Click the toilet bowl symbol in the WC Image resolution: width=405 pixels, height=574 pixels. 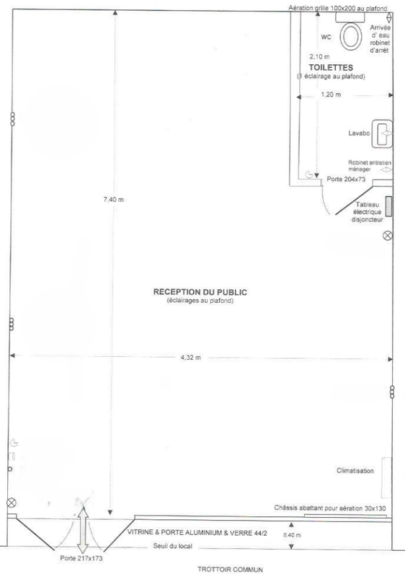351,36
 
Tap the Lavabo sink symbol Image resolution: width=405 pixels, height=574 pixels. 382,134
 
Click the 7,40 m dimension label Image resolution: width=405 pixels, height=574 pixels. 114,200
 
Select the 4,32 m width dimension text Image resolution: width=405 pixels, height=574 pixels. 191,358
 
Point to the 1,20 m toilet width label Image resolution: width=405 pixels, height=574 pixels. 331,94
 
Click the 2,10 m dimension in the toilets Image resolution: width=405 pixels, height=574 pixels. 319,57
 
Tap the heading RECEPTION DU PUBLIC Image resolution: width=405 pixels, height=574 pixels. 200,292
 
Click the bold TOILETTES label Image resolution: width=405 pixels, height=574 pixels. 331,68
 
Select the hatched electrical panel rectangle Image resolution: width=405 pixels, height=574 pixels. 388,206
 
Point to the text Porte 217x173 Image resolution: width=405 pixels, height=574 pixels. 81,558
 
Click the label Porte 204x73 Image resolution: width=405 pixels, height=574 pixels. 346,179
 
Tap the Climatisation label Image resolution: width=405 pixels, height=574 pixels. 355,471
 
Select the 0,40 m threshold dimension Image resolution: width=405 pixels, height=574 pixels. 292,535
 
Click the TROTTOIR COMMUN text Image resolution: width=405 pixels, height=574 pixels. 230,569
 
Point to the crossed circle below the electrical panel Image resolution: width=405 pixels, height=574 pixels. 388,236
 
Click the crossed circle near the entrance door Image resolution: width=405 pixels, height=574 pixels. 12,503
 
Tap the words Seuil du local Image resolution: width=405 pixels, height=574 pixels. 173,546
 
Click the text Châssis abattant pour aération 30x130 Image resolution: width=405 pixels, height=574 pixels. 330,508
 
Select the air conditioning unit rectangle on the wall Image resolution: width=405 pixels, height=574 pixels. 386,477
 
